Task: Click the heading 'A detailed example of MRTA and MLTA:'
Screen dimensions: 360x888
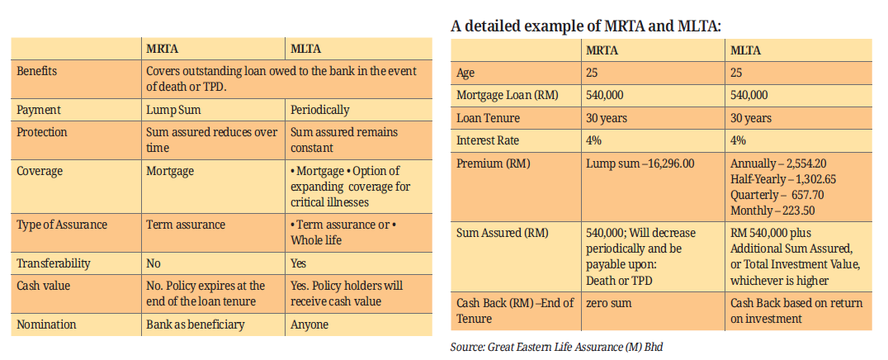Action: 586,26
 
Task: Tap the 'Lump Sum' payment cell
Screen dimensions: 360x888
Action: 175,110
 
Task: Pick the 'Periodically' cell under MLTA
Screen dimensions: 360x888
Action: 320,110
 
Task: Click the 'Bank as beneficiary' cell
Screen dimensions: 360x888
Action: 196,324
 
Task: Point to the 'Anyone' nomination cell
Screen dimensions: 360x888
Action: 309,324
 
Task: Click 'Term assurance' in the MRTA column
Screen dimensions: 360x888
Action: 186,225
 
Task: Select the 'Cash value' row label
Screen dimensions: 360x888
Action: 45,286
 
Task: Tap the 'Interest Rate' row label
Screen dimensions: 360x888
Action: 488,140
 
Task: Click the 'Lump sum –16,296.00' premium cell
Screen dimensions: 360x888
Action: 640,163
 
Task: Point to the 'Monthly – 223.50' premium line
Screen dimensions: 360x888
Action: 774,211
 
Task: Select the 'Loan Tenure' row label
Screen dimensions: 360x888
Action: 488,118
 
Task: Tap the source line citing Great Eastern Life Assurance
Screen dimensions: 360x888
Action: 556,348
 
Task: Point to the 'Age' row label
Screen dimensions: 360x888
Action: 466,73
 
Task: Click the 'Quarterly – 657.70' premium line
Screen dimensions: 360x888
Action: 777,195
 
